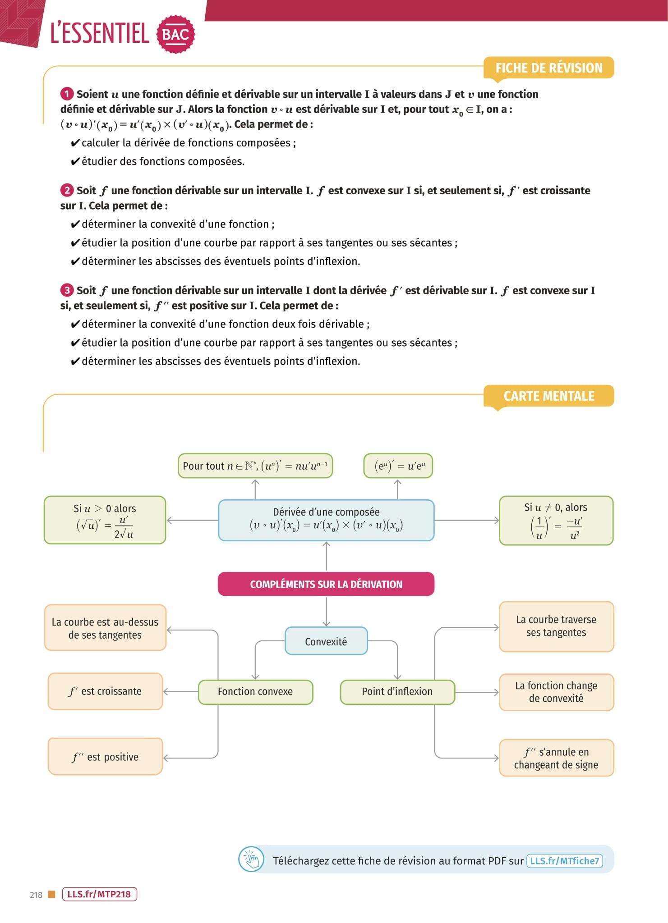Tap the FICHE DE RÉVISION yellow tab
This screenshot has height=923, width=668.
pos(548,68)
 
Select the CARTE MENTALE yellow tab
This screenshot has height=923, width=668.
pos(548,396)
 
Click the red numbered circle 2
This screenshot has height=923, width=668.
pos(67,190)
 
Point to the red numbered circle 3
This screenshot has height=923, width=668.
pos(67,290)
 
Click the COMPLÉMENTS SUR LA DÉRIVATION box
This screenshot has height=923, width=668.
pos(326,584)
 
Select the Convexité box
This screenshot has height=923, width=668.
pos(326,641)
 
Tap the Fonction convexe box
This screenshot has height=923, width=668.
pos(255,691)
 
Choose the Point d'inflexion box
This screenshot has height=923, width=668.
pos(397,691)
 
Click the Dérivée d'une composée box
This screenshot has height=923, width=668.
pos(326,520)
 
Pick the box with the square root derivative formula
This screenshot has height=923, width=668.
pos(105,521)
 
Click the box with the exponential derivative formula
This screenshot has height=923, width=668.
pos(398,466)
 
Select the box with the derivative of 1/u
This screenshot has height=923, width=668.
pos(556,521)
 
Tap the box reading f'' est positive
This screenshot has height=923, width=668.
pos(105,757)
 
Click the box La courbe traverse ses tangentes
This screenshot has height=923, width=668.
pos(556,626)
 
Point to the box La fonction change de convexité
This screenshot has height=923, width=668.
pos(556,692)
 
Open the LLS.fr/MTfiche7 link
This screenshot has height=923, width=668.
pos(564,861)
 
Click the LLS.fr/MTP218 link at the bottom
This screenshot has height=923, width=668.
pos(99,894)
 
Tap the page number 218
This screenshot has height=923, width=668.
pos(36,895)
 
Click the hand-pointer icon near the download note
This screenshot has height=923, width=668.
pos(251,860)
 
